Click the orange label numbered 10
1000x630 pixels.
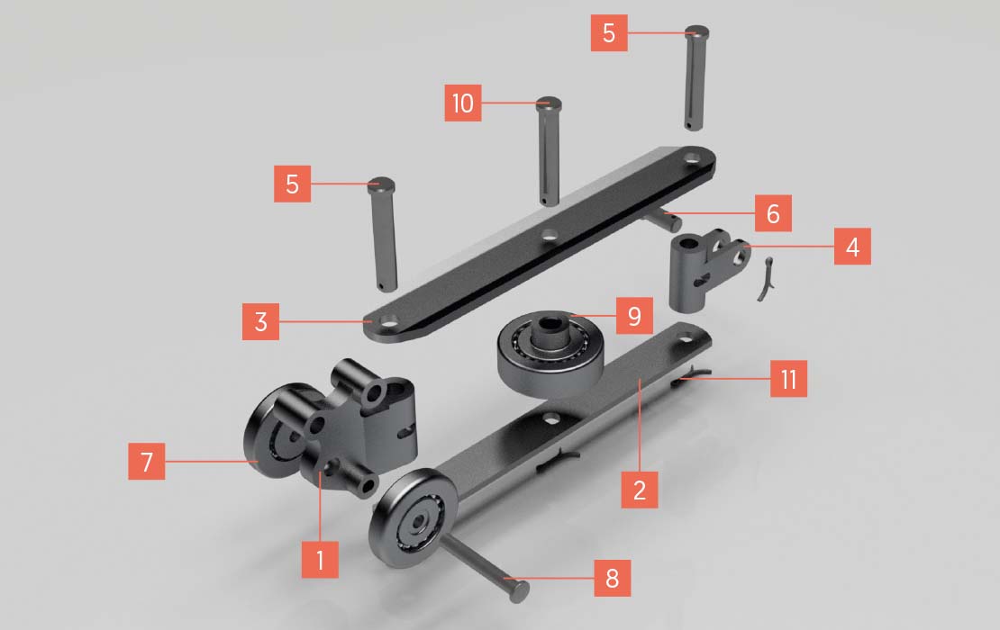point(462,103)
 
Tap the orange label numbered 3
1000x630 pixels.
point(260,321)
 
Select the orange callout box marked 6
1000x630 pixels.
point(773,213)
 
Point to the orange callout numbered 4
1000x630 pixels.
point(852,247)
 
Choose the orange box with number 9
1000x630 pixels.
point(634,315)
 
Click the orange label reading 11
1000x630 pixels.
point(788,379)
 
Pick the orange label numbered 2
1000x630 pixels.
point(640,490)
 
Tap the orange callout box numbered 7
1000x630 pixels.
point(147,461)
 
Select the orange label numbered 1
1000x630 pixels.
point(320,560)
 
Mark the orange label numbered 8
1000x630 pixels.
point(613,579)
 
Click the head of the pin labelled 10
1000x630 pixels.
point(549,103)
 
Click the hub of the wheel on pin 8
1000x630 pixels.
point(418,522)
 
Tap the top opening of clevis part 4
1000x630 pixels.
point(687,243)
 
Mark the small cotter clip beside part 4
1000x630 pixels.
point(765,279)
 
